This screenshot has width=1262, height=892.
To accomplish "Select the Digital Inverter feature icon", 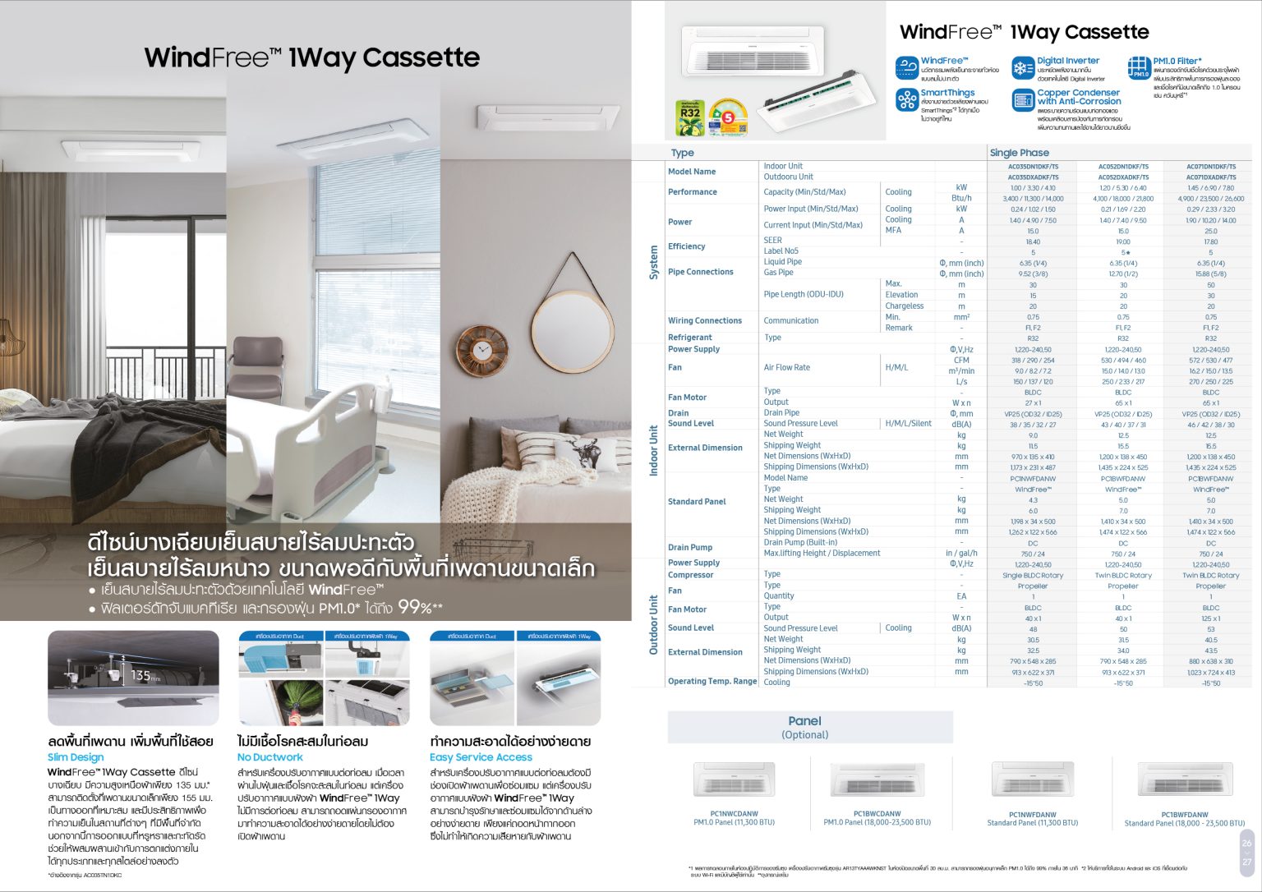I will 1023,67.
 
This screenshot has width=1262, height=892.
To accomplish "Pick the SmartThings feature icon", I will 907,99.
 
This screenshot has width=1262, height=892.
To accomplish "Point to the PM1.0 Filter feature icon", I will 1139,67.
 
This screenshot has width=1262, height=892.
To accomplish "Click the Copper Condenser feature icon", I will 1023,100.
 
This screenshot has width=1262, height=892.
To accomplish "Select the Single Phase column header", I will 1019,153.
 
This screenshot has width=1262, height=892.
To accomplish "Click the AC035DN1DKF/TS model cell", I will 1033,167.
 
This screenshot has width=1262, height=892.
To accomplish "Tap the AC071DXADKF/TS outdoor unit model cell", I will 1210,177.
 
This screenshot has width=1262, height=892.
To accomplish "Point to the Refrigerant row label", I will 690,338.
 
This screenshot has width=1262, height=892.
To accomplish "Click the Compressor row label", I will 690,575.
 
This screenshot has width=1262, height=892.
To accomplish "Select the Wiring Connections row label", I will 705,321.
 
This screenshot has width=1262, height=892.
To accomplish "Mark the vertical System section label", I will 654,261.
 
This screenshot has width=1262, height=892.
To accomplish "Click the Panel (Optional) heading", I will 804,727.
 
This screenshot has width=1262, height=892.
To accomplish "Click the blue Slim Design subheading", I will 76,757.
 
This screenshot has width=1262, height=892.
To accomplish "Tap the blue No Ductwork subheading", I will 270,757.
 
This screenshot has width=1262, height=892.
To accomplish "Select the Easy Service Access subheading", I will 481,757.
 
